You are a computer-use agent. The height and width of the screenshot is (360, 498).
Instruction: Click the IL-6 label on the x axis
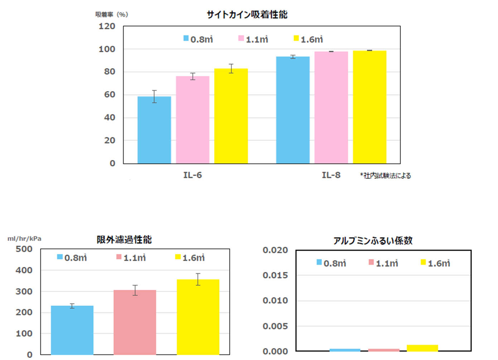193,175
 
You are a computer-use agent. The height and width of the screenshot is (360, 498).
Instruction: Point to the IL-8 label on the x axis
331,175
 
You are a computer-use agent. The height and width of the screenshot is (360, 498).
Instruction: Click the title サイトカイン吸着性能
247,15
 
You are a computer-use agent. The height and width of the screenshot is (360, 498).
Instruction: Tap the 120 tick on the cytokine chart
107,27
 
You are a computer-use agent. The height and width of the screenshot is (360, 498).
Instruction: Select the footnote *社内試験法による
386,176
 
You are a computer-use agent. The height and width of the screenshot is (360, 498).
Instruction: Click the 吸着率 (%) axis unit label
112,15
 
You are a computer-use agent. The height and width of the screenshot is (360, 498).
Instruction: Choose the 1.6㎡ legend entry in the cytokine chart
308,39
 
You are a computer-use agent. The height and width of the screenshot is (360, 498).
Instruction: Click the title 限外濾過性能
124,240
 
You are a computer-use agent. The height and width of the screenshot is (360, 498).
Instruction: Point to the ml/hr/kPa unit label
24,239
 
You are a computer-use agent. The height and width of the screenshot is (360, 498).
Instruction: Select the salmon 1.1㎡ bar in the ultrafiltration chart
135,322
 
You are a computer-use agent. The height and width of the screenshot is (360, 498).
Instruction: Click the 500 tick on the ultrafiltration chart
24,249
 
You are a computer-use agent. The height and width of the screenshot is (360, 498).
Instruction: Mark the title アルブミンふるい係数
373,241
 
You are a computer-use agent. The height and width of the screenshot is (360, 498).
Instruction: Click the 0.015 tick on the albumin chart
275,275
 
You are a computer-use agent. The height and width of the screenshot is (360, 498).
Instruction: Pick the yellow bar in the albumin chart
422,348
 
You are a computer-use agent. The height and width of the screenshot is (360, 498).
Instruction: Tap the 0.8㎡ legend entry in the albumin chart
331,263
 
